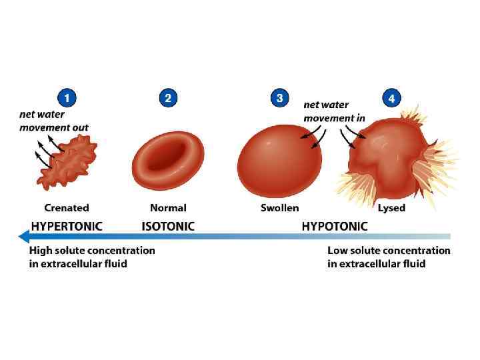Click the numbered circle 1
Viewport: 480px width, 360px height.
click(65, 99)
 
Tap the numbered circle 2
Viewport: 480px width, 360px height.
click(168, 99)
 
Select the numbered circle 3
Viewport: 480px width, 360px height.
click(280, 99)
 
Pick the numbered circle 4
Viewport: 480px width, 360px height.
click(391, 99)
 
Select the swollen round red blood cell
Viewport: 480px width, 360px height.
click(279, 161)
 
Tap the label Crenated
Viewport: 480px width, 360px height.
click(67, 208)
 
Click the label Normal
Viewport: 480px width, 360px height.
click(168, 208)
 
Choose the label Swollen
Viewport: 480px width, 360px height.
click(280, 208)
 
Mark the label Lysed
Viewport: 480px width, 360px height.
click(391, 208)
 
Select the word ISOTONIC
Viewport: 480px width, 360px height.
click(168, 226)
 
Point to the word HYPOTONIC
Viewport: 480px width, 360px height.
click(334, 226)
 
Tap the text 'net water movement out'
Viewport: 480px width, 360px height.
click(53, 121)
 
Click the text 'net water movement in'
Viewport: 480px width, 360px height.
click(334, 111)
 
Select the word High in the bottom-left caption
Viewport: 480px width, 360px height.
click(40, 251)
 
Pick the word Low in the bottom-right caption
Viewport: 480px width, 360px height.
click(337, 251)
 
